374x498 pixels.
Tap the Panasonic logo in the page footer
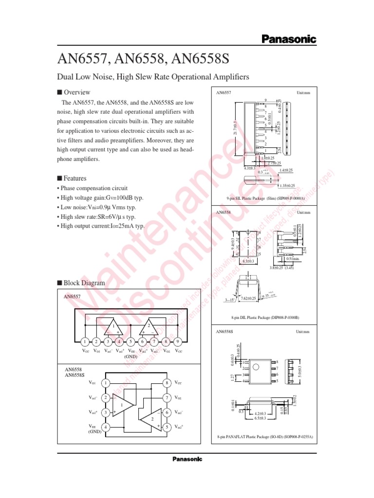click(187, 459)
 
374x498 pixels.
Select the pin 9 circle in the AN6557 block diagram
click(178, 341)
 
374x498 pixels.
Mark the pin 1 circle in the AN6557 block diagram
click(85, 341)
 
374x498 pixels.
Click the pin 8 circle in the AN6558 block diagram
click(167, 383)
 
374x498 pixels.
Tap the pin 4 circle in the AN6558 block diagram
click(106, 427)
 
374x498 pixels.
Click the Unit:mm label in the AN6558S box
click(303, 332)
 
